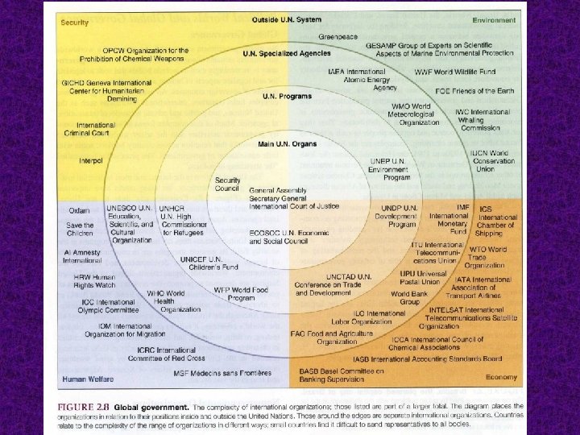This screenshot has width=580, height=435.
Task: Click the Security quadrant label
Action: click(x=74, y=22)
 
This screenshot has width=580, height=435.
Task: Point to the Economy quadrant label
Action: click(x=500, y=376)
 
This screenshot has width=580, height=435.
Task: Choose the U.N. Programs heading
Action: click(x=287, y=97)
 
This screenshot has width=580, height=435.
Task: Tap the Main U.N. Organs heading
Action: click(x=287, y=144)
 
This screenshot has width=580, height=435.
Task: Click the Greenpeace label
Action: click(x=338, y=37)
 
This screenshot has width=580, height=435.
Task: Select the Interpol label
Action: click(x=91, y=160)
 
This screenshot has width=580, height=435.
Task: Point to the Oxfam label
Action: click(x=77, y=211)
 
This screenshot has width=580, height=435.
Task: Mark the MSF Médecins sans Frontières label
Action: click(x=222, y=372)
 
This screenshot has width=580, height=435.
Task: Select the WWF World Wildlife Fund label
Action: click(x=455, y=72)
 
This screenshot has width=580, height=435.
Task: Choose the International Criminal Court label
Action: click(x=96, y=129)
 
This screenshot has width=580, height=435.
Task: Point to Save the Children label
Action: click(x=80, y=230)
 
